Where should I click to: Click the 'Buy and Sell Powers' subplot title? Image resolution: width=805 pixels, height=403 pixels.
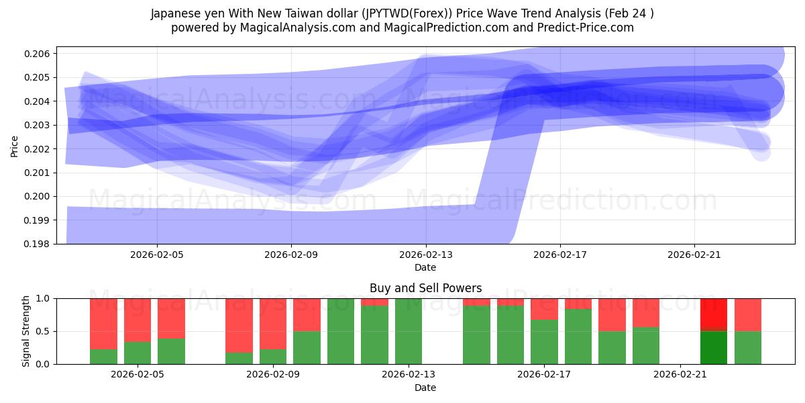425,288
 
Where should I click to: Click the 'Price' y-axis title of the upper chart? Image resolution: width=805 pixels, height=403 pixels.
15,146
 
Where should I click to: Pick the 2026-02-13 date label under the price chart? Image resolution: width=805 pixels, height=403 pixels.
425,255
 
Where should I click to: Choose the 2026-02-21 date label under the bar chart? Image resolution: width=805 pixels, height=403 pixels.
680,375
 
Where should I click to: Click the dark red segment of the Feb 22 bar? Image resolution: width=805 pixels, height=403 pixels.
714,314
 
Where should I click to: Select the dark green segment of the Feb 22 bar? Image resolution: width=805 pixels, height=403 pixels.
714,347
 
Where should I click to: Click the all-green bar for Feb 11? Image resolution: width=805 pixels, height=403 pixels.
341,331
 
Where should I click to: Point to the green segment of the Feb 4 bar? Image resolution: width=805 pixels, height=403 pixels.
103,357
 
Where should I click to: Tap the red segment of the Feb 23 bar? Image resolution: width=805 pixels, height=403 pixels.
748,314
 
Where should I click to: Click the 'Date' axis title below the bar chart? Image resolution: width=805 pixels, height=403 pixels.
425,388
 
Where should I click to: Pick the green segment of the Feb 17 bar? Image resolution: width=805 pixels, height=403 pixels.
544,342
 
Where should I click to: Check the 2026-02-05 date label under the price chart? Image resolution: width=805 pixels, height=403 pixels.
157,255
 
